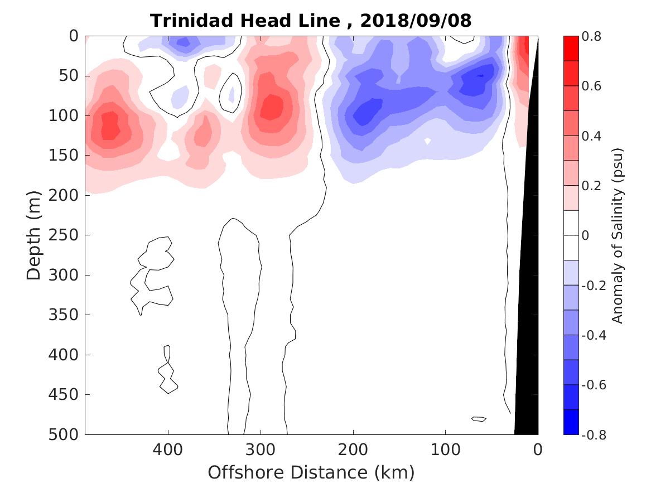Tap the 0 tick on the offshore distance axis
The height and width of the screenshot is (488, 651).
click(538, 448)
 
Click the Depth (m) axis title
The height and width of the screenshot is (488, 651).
click(34, 234)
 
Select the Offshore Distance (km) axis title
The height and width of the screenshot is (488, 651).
click(311, 473)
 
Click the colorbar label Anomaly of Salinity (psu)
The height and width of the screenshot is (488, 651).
click(616, 235)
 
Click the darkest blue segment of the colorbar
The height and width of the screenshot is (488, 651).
click(571, 422)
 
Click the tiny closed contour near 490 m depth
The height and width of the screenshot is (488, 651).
click(479, 419)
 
